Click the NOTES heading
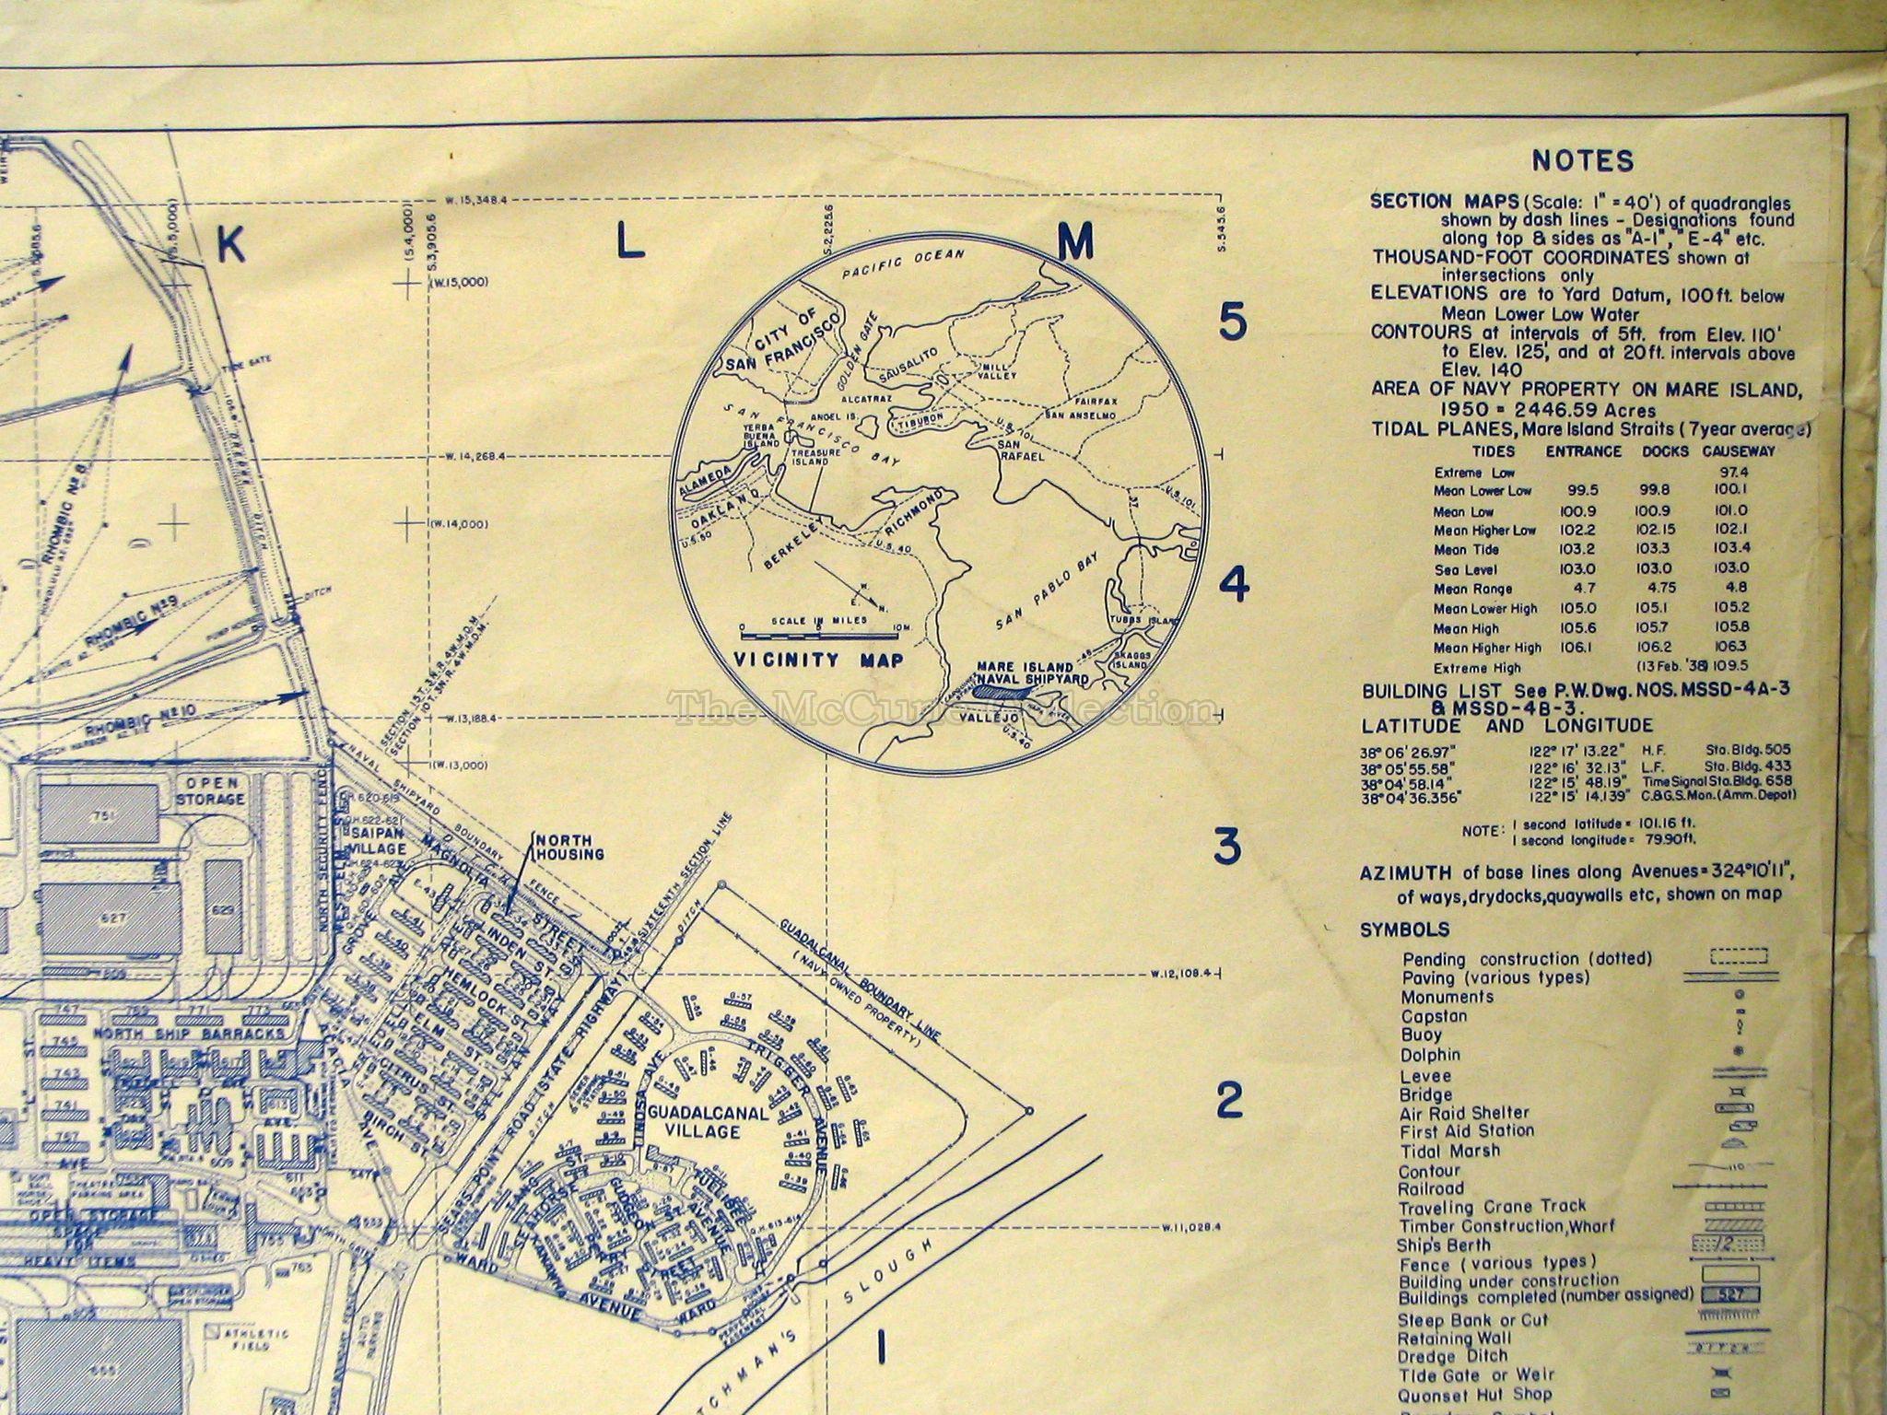click(x=1583, y=161)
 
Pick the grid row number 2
click(x=1229, y=1099)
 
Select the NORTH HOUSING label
click(x=569, y=847)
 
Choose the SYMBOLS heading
click(x=1404, y=930)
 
